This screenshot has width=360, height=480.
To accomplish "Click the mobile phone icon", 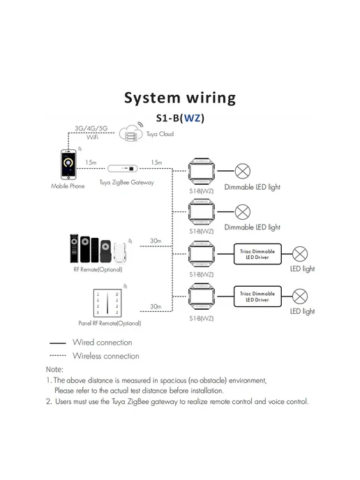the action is pos(68,165).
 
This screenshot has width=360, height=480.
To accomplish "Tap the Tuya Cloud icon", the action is pos(131,133).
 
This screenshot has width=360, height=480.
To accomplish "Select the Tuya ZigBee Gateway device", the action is pos(123,168).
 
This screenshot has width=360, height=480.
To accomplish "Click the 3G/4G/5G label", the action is pos(91,128).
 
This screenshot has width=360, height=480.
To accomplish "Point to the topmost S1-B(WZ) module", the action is pos(201,172).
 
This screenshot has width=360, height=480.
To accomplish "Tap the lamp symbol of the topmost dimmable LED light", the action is pos(243,171).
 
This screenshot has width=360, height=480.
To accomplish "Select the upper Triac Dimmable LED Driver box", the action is pos(257,254).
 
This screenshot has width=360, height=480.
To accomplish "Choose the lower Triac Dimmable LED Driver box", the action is pos(257,297).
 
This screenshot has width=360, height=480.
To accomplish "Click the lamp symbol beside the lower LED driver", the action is pos(300,297).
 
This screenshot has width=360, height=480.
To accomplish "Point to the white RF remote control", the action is pos(120,253).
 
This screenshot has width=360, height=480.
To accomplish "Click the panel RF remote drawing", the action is pos(107,303).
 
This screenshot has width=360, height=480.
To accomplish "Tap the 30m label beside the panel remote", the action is pos(156,306).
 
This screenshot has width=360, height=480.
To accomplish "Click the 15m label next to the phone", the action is pos(91,163).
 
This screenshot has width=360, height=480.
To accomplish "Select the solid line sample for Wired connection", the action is pos(57,343).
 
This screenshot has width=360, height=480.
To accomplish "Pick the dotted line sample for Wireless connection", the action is pos(57,356).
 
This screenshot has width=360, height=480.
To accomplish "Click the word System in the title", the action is pos(152,98).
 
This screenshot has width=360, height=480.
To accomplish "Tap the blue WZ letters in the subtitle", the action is pos(192,118).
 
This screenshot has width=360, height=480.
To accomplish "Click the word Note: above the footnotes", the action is pos(54,370).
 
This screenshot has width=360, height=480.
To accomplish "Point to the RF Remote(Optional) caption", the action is pos(98,269).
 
